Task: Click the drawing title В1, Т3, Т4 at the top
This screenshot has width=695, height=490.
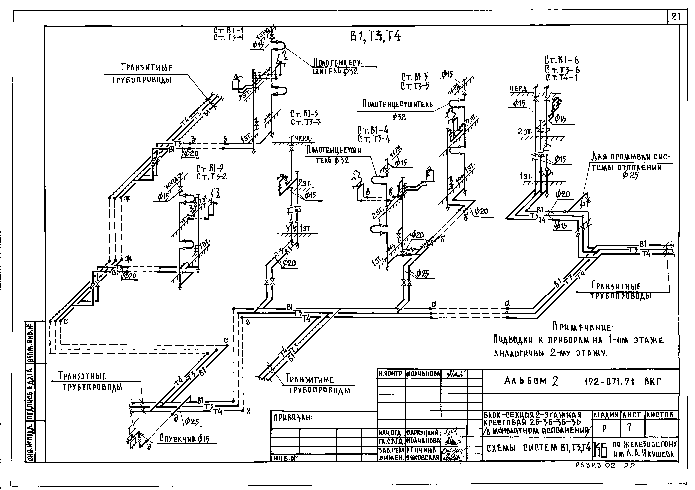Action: pyautogui.click(x=375, y=37)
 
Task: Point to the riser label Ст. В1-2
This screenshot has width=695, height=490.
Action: pyautogui.click(x=210, y=168)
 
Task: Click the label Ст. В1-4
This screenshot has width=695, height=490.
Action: pyautogui.click(x=373, y=131)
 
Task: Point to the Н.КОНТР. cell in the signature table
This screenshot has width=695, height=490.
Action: pyautogui.click(x=391, y=374)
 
